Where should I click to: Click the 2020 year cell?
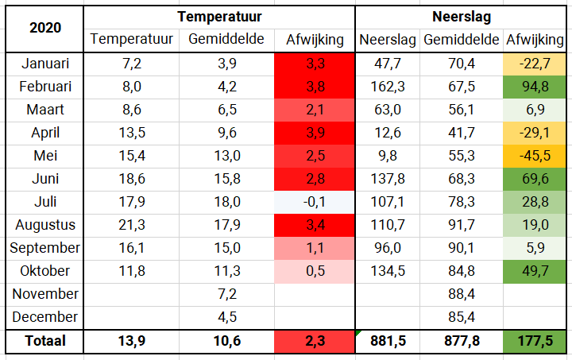click(45, 28)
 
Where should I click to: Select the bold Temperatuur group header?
click(219, 17)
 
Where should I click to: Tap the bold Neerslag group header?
click(462, 17)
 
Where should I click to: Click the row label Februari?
click(45, 87)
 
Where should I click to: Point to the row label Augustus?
click(45, 225)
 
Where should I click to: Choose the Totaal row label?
click(45, 341)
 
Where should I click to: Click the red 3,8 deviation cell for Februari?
click(315, 87)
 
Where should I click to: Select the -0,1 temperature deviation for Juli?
click(315, 202)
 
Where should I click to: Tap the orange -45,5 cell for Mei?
click(535, 156)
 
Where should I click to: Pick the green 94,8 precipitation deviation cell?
click(535, 87)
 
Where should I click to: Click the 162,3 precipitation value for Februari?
click(388, 87)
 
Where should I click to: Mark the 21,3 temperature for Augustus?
click(132, 225)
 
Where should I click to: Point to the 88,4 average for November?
click(462, 294)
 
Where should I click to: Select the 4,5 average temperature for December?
click(227, 317)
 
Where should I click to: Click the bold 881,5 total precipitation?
click(388, 341)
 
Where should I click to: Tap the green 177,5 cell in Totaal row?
click(535, 342)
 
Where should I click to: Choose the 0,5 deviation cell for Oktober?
click(315, 271)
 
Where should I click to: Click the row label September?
click(44, 248)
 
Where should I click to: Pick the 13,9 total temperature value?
click(132, 341)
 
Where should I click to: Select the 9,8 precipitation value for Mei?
click(388, 156)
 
